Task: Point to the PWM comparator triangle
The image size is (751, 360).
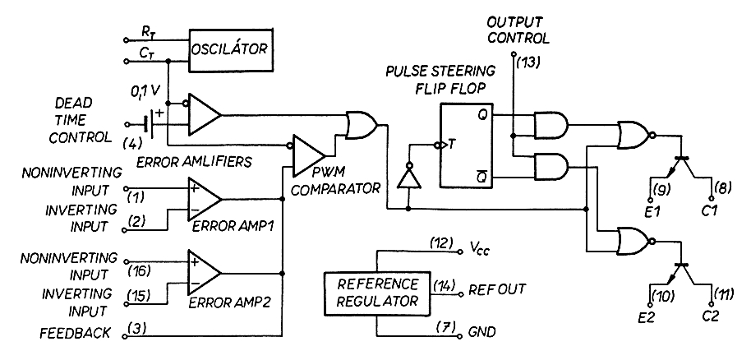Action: tap(308, 154)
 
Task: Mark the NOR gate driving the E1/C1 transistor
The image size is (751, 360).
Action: tap(634, 133)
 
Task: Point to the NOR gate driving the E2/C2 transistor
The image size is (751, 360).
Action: tap(634, 242)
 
